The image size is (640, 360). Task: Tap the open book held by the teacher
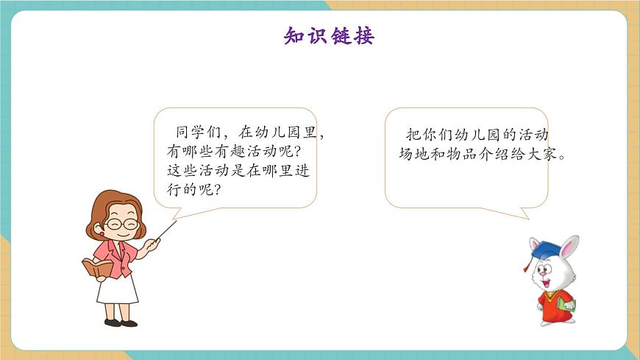click(x=97, y=267)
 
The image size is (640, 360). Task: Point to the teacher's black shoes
click(x=120, y=322)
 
